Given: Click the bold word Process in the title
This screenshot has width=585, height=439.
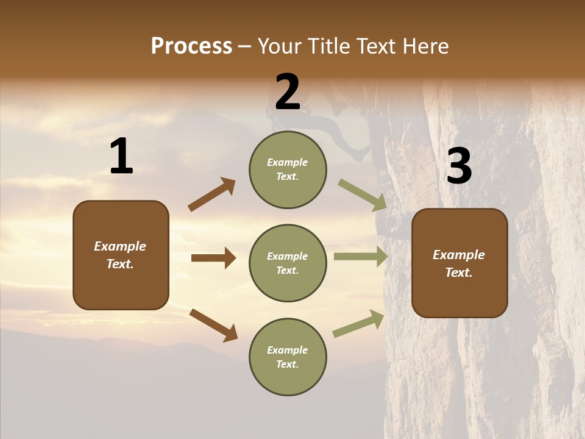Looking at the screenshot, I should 191,46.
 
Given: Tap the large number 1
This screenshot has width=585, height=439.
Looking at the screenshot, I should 121,157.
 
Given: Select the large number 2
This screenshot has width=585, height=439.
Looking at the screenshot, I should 288,92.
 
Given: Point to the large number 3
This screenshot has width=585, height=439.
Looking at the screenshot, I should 459,166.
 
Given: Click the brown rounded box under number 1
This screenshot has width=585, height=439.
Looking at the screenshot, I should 121,255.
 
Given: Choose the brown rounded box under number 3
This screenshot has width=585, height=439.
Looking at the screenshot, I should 459,263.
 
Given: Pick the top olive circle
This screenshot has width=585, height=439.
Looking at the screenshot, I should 288,170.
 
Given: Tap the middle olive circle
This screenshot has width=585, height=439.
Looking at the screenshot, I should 288,263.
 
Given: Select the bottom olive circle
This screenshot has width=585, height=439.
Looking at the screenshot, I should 288,357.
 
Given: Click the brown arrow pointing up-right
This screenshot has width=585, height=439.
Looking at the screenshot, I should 212,195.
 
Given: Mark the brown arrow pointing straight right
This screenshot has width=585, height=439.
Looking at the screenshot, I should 213,258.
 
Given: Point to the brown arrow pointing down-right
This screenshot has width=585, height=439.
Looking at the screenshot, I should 213,324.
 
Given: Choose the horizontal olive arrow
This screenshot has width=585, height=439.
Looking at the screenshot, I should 361,256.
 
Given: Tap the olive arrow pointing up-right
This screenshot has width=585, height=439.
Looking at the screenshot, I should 358,324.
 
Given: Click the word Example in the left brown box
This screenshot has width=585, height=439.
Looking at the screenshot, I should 120,246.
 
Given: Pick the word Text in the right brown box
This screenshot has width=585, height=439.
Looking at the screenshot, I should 458,273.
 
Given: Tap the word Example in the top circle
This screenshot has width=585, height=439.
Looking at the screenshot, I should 288,162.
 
